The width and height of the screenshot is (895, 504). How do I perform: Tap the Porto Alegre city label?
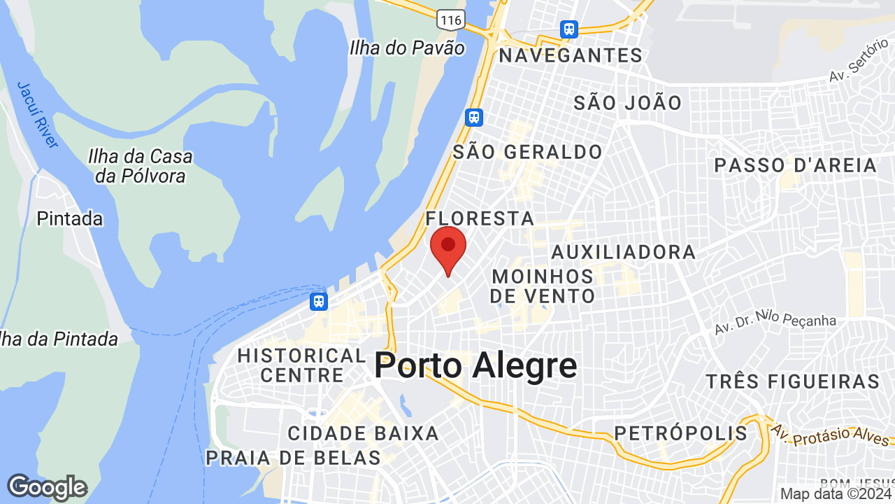[475, 366]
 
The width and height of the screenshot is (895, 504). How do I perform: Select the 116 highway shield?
[451, 20]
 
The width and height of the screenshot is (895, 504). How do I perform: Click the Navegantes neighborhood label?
[570, 55]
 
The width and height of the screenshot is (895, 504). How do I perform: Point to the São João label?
[628, 103]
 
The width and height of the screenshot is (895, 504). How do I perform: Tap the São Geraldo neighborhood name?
[527, 152]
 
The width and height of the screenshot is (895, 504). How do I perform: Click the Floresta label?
[480, 218]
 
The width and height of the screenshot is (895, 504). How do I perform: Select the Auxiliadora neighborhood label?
[624, 252]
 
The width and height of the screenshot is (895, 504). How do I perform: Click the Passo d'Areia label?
[796, 165]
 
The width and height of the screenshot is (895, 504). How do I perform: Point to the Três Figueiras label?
[792, 381]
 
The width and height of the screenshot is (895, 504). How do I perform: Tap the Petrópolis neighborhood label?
[681, 433]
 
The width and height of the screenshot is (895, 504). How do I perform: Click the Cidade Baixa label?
[364, 433]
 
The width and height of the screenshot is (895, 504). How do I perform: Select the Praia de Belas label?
[293, 458]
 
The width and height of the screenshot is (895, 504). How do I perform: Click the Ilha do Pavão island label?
[407, 48]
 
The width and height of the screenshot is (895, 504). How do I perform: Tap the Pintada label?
[70, 218]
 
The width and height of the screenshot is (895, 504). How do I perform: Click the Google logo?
[47, 487]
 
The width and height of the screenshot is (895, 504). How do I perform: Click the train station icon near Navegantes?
[569, 29]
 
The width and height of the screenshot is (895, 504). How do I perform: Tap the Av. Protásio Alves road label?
[831, 434]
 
